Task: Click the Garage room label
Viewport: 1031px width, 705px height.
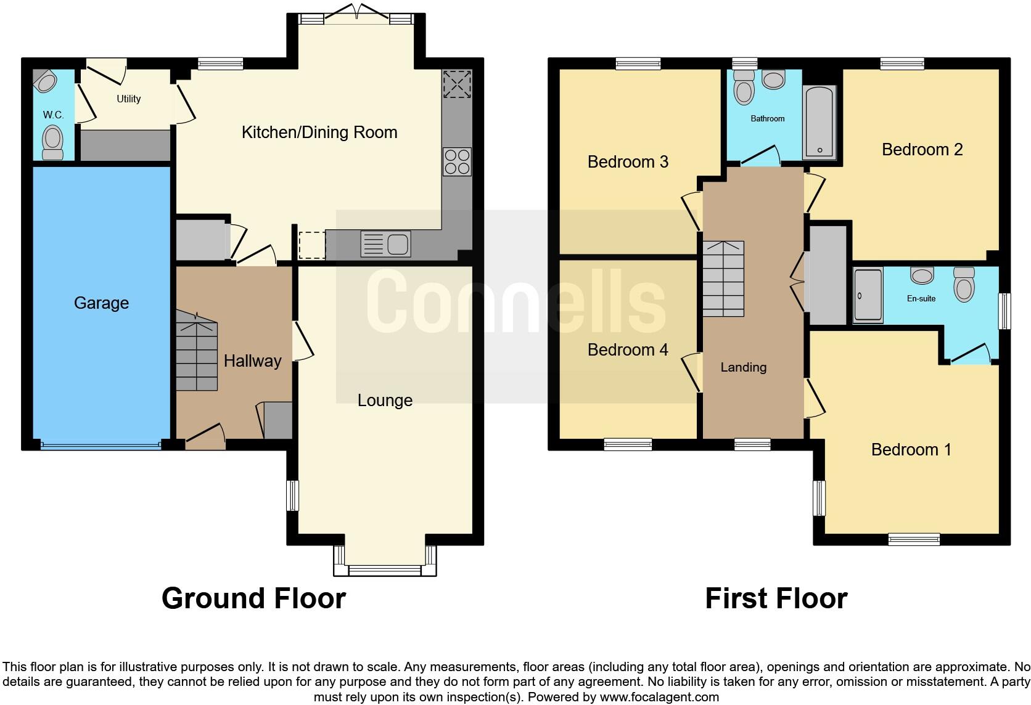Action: [101, 303]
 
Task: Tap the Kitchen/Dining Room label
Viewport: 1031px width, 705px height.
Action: [319, 132]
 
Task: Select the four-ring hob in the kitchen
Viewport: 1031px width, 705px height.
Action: [456, 161]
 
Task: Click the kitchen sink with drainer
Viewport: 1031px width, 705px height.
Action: [385, 244]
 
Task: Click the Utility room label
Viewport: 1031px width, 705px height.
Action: [128, 99]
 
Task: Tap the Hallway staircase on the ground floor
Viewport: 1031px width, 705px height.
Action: [197, 355]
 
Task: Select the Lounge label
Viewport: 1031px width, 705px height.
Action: [385, 401]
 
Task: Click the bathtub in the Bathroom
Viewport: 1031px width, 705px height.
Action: [819, 122]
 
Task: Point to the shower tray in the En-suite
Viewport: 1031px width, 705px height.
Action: [868, 296]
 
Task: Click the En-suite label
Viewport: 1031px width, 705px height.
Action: [921, 298]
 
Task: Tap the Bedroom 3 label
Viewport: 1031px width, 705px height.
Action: [628, 161]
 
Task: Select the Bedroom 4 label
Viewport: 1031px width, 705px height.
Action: [628, 349]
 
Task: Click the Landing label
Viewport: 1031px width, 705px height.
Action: [743, 367]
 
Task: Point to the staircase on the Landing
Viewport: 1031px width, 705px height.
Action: [723, 279]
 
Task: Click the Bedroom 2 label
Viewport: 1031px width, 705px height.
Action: [922, 149]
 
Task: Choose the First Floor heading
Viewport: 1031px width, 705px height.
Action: [776, 598]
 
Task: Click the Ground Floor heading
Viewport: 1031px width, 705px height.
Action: [253, 598]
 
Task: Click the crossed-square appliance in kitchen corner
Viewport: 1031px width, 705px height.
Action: [456, 84]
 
